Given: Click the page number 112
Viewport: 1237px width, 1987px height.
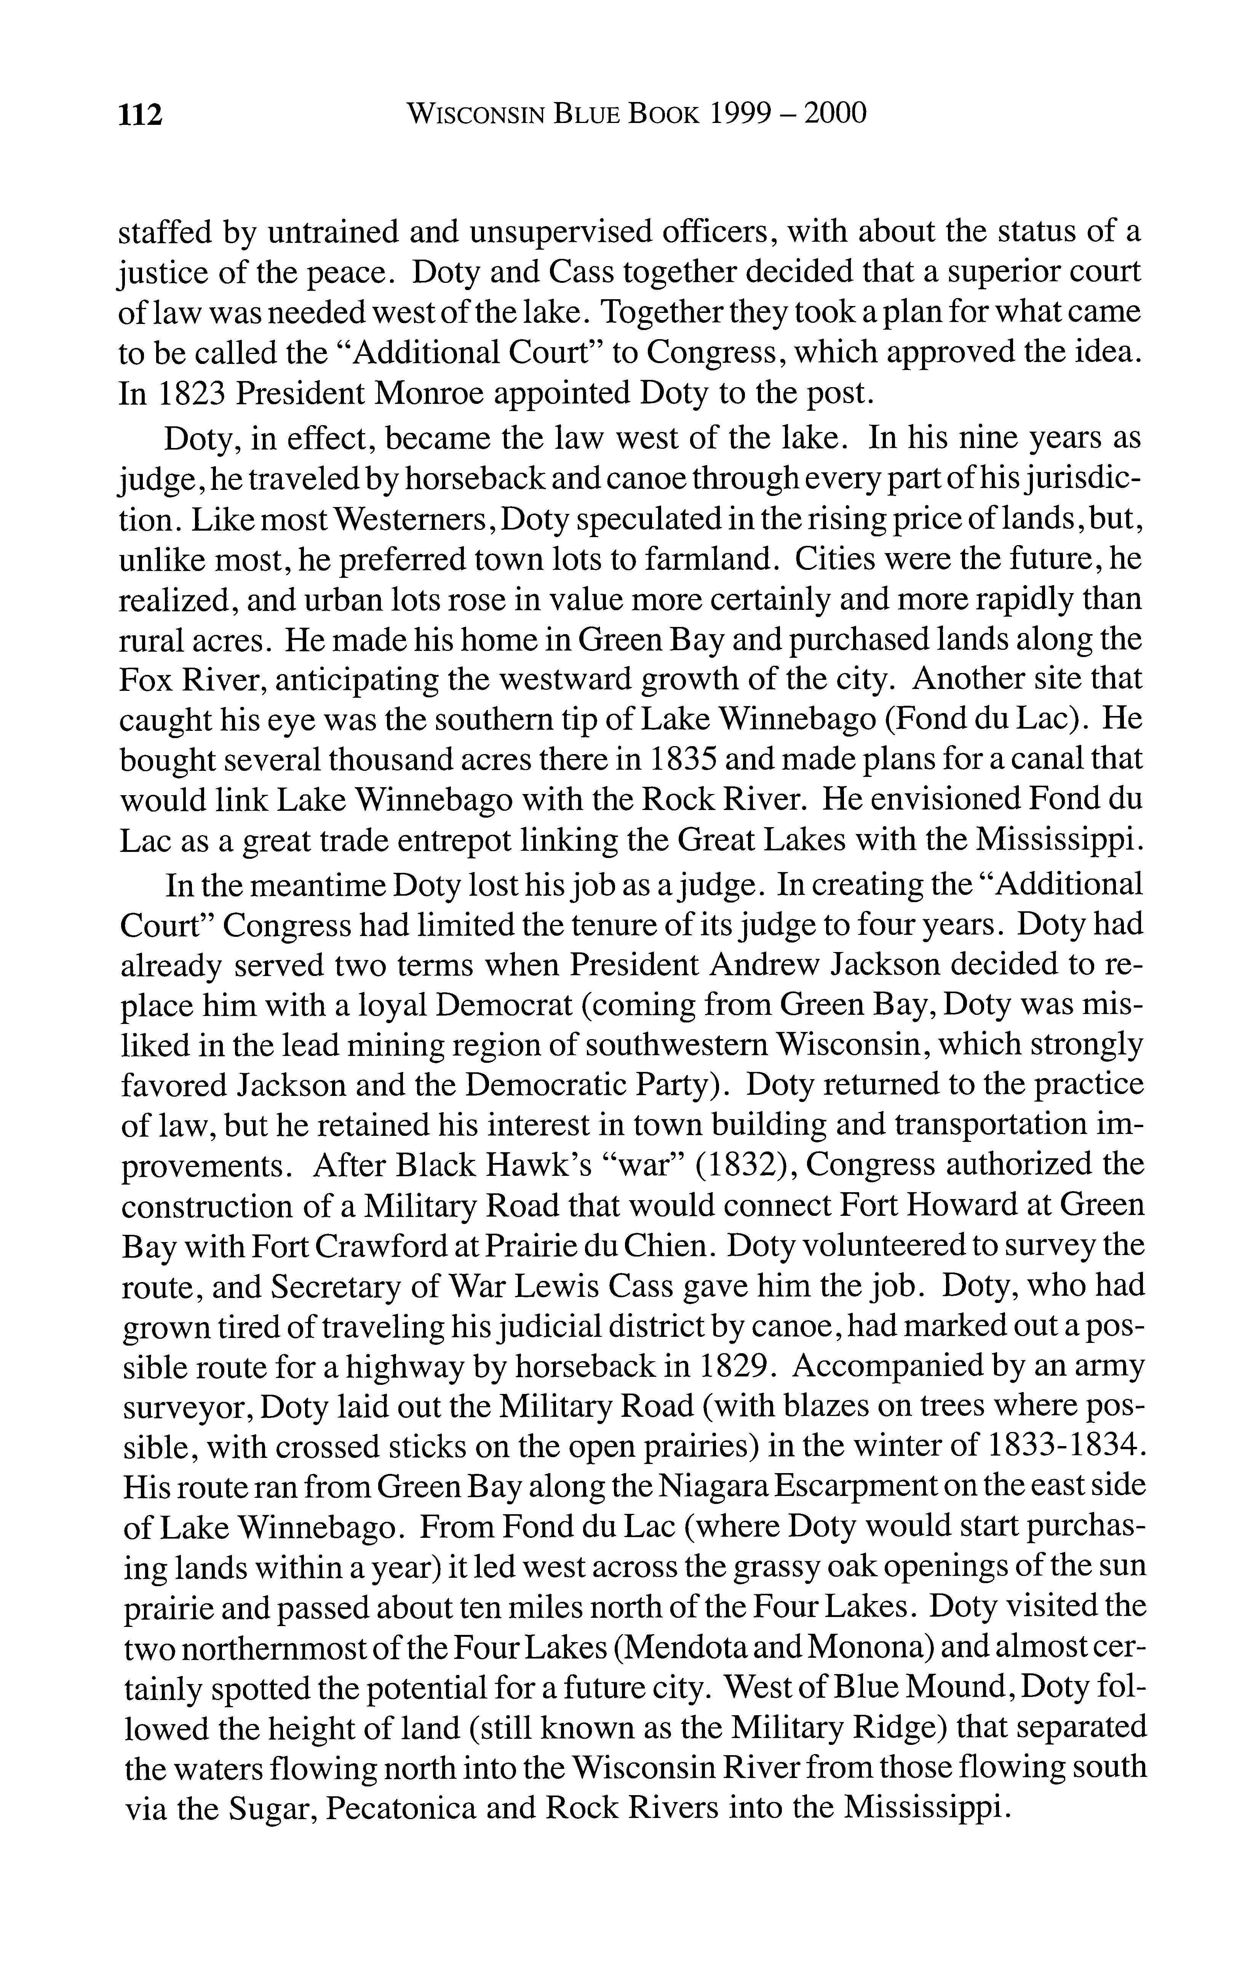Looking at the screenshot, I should [142, 115].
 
